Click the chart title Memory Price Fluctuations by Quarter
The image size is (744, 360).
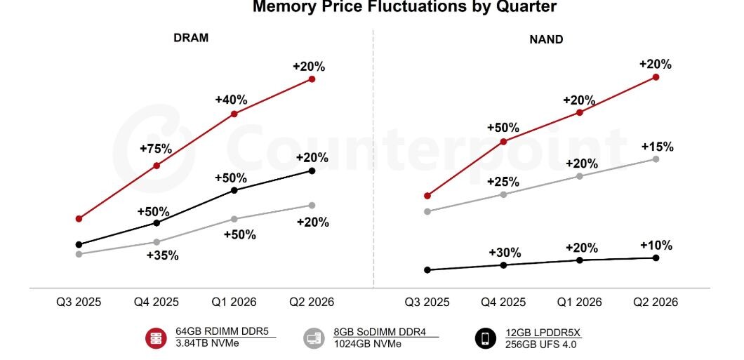click(x=404, y=7)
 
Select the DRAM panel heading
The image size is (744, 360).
click(x=191, y=38)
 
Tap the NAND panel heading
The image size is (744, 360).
click(x=545, y=39)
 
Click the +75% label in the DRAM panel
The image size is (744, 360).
click(x=157, y=149)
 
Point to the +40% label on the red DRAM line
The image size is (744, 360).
click(x=232, y=100)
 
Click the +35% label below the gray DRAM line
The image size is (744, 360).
click(x=162, y=255)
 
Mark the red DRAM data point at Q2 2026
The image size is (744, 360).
click(x=312, y=79)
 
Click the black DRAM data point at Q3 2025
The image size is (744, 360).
click(x=79, y=245)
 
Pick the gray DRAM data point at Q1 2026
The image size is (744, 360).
click(x=234, y=219)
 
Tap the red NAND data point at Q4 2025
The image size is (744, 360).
click(x=503, y=142)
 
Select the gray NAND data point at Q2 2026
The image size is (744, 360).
click(x=656, y=159)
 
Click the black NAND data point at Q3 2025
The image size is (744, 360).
click(x=427, y=269)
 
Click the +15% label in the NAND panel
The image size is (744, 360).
click(x=657, y=147)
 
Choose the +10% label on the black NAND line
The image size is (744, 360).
click(x=656, y=246)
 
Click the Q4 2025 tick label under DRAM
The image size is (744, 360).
click(x=157, y=302)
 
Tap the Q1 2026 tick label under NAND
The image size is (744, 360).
click(x=579, y=302)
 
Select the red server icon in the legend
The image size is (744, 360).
click(x=156, y=338)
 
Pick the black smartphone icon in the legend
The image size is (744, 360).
click(x=485, y=338)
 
